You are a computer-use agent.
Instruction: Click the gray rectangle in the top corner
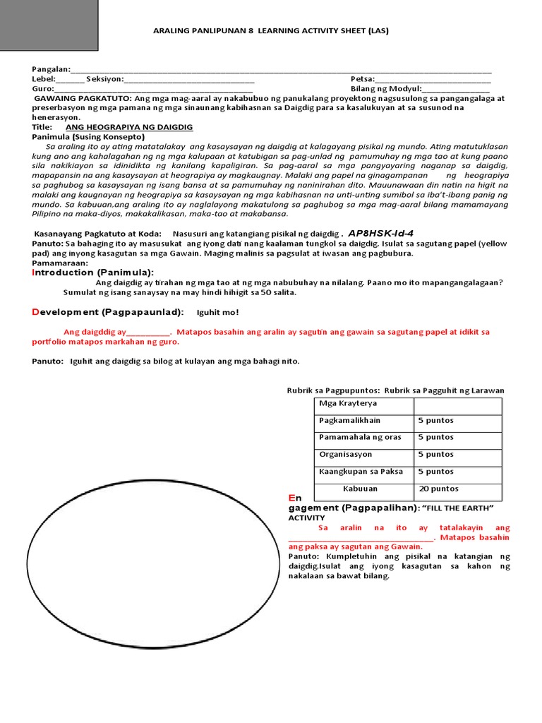point(49,25)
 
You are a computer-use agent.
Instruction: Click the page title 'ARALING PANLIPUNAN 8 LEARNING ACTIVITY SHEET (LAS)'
point(271,31)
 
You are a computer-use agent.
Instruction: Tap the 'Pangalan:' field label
point(51,69)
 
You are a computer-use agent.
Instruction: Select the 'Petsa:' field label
point(363,79)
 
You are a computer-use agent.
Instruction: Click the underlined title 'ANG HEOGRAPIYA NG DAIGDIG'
point(129,127)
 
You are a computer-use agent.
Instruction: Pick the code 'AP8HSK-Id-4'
point(381,233)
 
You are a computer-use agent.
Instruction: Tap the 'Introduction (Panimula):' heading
point(92,273)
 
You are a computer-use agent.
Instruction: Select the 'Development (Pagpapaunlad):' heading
point(108,312)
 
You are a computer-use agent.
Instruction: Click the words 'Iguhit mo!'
point(217,312)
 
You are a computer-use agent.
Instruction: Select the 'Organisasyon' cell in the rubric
point(345,455)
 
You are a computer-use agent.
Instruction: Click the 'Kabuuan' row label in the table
point(360,489)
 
